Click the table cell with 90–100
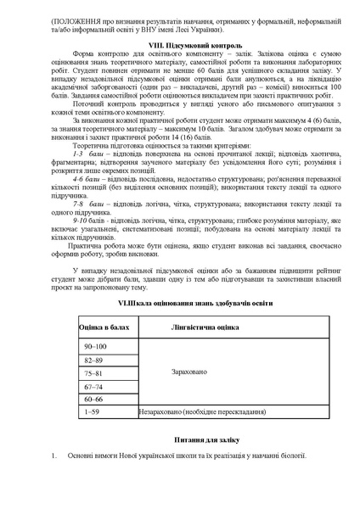tap(96, 347)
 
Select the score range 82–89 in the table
tap(95, 360)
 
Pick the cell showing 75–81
tap(95, 372)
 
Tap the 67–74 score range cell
tap(95, 385)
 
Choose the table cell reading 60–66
tap(95, 398)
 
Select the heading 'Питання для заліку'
tap(180, 441)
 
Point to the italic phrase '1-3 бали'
tap(87, 154)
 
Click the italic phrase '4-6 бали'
tap(87, 180)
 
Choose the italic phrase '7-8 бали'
tap(87, 204)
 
